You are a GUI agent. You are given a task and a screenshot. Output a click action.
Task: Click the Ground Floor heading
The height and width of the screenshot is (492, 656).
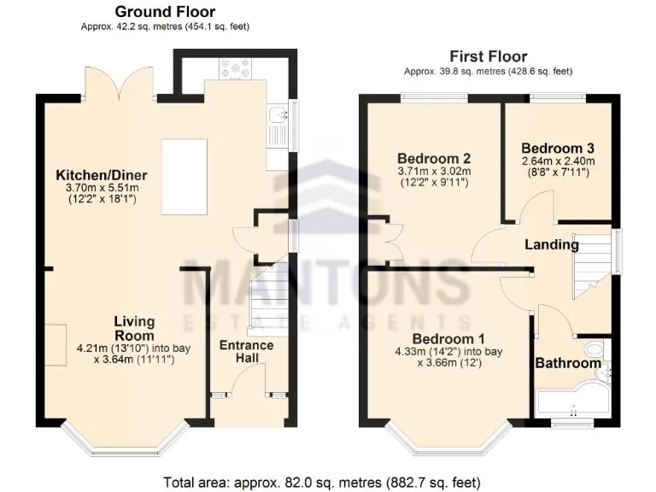[x=165, y=12]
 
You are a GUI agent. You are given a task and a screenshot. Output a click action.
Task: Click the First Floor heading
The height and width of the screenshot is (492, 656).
[x=488, y=56]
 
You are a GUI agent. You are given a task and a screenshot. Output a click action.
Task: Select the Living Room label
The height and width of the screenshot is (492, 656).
[x=135, y=328]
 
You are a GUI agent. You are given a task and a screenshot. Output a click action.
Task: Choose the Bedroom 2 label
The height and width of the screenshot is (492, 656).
[x=434, y=158]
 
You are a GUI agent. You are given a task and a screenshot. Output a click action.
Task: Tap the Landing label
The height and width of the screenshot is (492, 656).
[x=551, y=245]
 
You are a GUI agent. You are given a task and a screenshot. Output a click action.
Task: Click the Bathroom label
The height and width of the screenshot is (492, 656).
[x=568, y=363]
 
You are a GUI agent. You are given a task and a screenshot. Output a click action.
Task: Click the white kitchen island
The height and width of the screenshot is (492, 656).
[x=184, y=177]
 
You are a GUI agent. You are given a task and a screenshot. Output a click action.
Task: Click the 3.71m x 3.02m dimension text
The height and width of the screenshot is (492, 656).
[x=434, y=172]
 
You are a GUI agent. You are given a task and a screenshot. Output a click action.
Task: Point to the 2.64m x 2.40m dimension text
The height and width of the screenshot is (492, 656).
[x=558, y=160]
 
